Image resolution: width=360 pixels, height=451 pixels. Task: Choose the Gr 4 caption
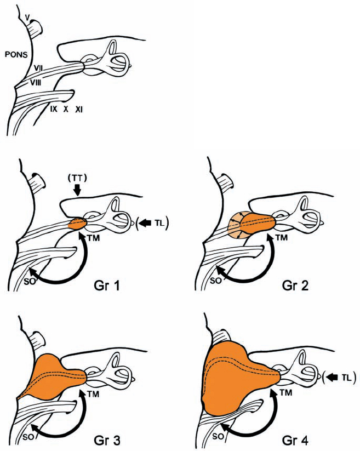(316, 439)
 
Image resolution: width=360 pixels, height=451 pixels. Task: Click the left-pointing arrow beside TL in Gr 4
(333, 376)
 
